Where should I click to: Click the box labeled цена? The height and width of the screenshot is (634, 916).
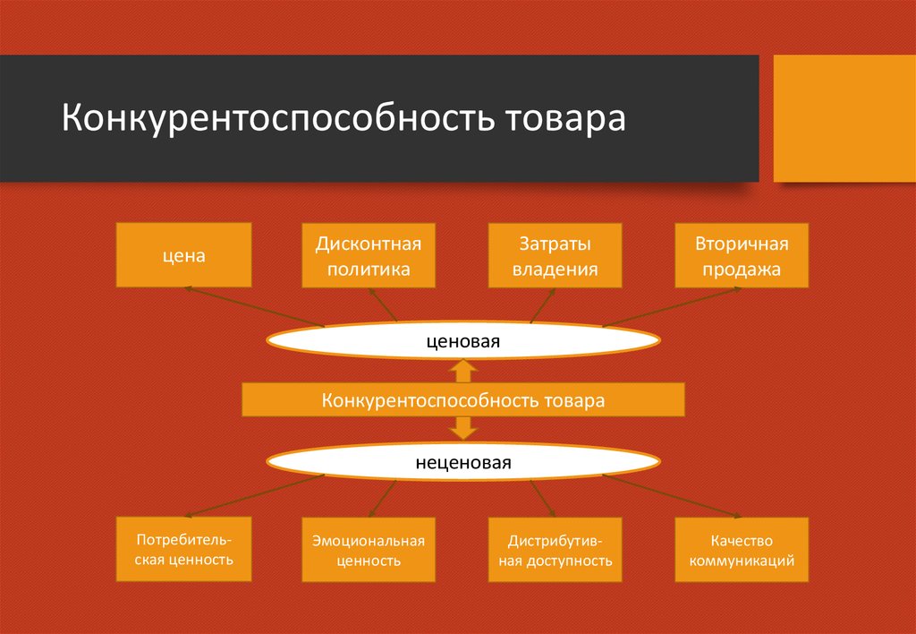tap(184, 255)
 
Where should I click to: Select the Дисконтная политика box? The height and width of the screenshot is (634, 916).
tap(369, 255)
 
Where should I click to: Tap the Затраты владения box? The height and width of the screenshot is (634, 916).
tap(555, 255)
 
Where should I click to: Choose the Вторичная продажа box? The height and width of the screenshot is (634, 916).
tap(742, 255)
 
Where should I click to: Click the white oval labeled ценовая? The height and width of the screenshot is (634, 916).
tap(463, 341)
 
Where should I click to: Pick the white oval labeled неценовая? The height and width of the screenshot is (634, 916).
tap(463, 462)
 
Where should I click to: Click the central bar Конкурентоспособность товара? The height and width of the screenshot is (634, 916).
tap(463, 400)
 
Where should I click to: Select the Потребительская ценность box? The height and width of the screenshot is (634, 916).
tap(184, 549)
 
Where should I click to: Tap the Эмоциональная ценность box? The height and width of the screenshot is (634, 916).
tap(369, 549)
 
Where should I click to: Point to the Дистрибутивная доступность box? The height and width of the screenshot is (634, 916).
tap(555, 549)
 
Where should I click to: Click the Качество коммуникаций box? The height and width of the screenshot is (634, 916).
tap(742, 549)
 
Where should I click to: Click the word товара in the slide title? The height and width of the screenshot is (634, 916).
tap(565, 118)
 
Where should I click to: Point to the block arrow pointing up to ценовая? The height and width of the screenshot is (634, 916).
tap(463, 372)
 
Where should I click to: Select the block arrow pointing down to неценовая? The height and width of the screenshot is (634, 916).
tap(463, 428)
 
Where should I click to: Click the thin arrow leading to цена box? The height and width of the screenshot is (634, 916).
tap(254, 306)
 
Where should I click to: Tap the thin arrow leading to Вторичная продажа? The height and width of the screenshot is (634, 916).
tap(672, 306)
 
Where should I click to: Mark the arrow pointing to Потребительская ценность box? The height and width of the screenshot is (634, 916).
tap(254, 496)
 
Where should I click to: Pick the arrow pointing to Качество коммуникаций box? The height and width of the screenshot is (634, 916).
tap(672, 496)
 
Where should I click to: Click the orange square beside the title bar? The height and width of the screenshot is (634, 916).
tap(844, 118)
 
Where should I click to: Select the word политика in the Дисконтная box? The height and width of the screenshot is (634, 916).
tap(369, 269)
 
